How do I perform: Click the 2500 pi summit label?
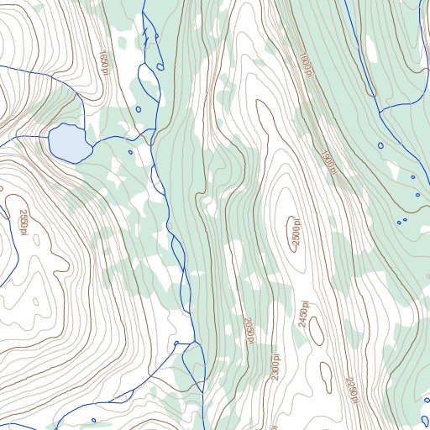[296, 235]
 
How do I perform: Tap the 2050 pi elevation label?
[249, 330]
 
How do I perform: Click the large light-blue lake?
[70, 143]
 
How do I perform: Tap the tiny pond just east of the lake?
[130, 152]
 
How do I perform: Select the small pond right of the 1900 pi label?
[380, 145]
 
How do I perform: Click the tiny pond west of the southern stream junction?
[176, 343]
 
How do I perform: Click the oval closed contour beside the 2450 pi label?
[317, 331]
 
